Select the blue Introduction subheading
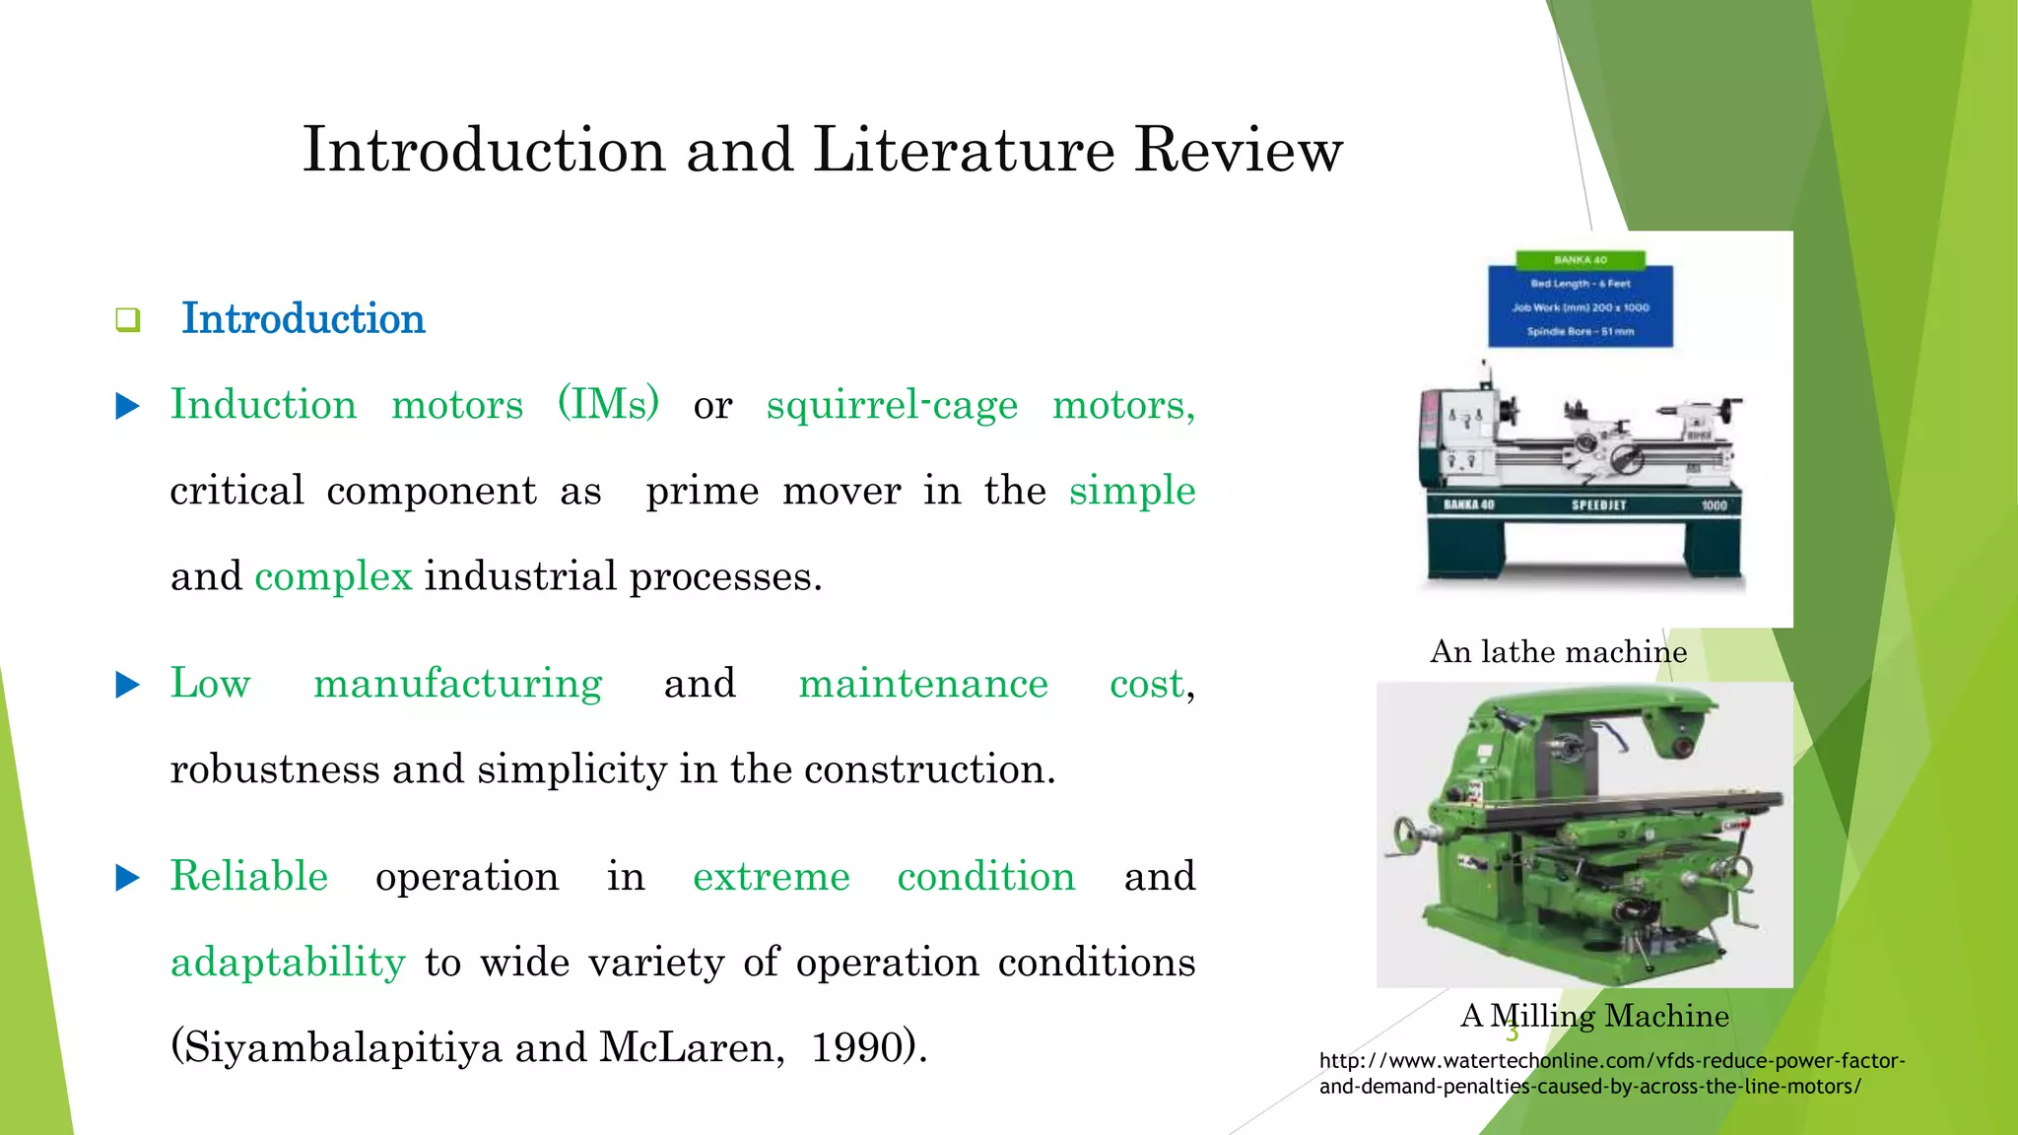coord(303,319)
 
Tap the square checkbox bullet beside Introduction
coord(128,320)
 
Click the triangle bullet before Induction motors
coord(128,406)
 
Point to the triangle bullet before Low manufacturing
coord(128,685)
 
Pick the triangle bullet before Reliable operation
coord(128,878)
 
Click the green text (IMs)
coord(608,405)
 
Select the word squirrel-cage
coord(892,405)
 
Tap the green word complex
coord(333,576)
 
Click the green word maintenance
coord(922,684)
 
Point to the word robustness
coord(274,769)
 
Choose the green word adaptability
coord(288,963)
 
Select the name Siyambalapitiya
coord(336,1048)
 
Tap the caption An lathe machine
coord(1558,652)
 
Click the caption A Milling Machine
coord(1594,1016)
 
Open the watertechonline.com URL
coord(1611,1074)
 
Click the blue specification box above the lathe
coord(1580,306)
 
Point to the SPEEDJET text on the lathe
coord(1598,505)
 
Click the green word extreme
coord(771,877)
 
